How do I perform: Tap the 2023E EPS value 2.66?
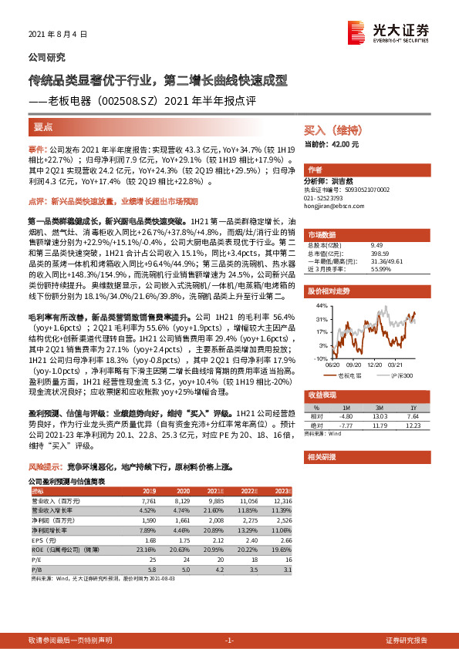tap(285, 540)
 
